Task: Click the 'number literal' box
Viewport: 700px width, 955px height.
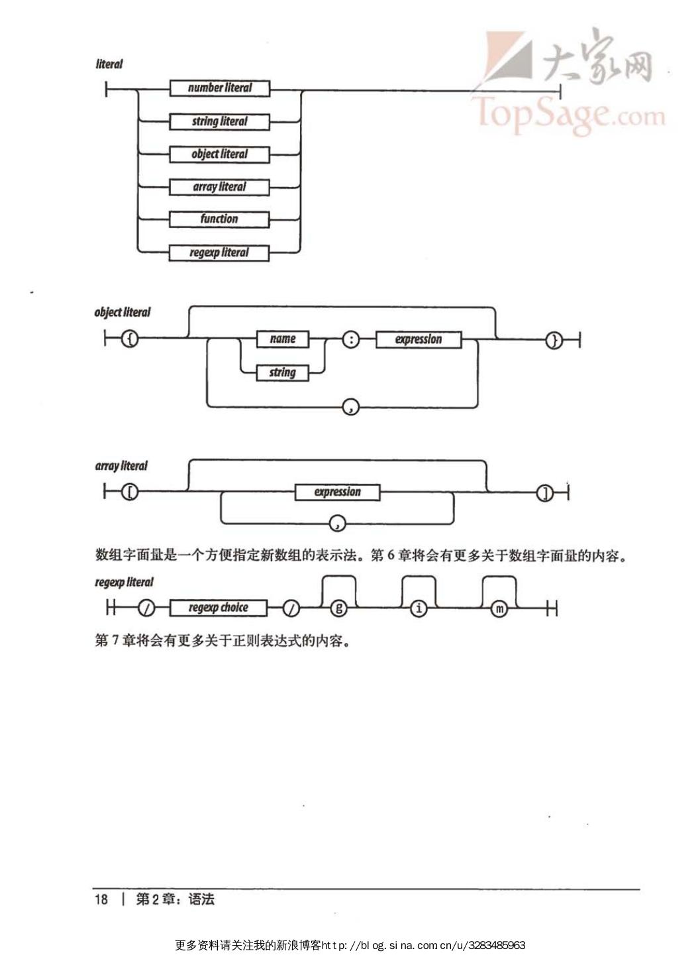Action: click(x=219, y=88)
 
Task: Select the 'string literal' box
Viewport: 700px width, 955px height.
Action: click(x=219, y=122)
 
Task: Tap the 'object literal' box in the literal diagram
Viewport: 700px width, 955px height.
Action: click(x=219, y=154)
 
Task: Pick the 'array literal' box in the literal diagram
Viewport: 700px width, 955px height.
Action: click(x=219, y=187)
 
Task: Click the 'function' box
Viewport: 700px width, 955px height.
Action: click(x=219, y=219)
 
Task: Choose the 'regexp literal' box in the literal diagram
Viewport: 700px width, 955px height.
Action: click(x=219, y=253)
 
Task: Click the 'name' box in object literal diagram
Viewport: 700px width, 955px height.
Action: click(x=283, y=339)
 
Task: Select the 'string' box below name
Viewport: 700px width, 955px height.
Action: click(x=283, y=372)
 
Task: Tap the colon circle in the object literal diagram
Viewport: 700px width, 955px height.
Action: click(x=351, y=340)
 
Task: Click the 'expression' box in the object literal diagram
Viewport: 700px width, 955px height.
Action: click(x=419, y=340)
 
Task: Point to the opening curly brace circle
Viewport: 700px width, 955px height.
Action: click(x=130, y=340)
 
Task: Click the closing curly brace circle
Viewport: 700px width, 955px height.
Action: click(x=554, y=341)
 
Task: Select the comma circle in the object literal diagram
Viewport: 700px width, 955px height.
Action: click(x=350, y=407)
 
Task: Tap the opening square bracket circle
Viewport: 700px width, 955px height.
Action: click(x=130, y=492)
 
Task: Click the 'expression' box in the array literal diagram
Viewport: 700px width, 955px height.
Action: click(x=338, y=492)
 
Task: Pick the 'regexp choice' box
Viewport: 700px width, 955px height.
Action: click(x=219, y=608)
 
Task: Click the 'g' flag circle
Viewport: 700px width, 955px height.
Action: click(x=338, y=608)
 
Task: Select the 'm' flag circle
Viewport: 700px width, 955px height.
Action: click(x=499, y=608)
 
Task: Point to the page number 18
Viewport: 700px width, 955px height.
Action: click(x=101, y=899)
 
